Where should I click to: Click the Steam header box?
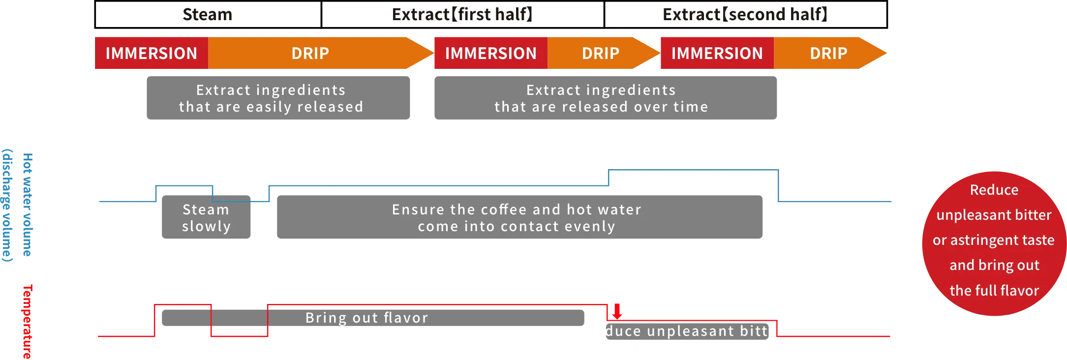208,14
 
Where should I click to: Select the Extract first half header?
462,14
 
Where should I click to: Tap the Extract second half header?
745,14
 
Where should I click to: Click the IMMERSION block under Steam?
152,53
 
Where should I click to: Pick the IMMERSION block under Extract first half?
490,53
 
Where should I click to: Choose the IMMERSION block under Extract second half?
717,53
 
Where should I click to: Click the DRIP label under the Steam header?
310,53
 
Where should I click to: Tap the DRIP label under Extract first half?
600,53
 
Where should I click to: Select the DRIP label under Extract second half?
828,53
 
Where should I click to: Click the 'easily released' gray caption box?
278,98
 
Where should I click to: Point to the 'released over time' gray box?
605,98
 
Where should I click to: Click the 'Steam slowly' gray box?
206,217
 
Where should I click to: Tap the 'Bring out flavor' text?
366,318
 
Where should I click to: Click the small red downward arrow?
617,311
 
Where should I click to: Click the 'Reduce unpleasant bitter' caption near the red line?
689,331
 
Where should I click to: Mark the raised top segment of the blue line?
694,171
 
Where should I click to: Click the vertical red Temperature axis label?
28,322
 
